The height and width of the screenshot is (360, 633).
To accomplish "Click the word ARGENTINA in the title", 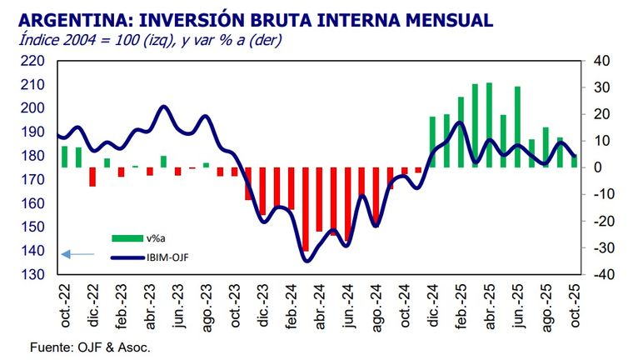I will [x=69, y=17].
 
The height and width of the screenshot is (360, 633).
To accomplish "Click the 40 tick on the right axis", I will [x=603, y=61].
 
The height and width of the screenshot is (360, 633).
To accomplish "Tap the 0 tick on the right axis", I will [x=606, y=167].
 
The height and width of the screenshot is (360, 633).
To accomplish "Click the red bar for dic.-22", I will [x=92, y=177].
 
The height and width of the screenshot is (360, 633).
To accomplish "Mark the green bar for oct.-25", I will [x=573, y=162].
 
